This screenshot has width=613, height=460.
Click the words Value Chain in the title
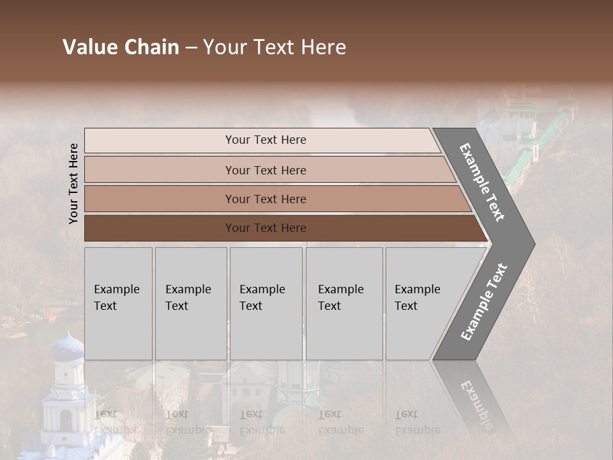coord(121,47)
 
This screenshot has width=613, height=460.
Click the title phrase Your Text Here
coord(275,47)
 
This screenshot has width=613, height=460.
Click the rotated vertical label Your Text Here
coord(73,183)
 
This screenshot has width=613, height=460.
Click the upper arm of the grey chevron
coord(483,183)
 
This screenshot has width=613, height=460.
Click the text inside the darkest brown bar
coord(266,228)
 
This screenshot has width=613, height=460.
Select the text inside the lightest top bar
coord(266,140)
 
